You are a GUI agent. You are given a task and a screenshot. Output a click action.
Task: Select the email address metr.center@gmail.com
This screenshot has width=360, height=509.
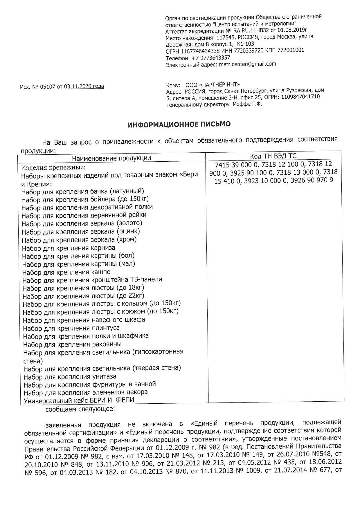click(247, 64)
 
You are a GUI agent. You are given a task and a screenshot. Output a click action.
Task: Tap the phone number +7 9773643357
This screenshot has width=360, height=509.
click(211, 57)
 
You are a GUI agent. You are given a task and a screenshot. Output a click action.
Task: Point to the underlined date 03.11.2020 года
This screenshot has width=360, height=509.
click(84, 86)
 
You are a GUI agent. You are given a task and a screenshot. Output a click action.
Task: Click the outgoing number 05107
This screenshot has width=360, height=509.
click(48, 87)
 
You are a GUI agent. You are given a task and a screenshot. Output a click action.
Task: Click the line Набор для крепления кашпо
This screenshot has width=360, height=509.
click(66, 272)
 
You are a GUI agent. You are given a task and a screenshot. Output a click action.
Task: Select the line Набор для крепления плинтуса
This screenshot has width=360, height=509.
click(71, 328)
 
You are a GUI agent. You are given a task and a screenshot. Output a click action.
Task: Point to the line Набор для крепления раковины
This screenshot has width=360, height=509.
click(72, 344)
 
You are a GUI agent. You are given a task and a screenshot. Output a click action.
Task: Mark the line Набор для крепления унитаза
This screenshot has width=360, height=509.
click(70, 377)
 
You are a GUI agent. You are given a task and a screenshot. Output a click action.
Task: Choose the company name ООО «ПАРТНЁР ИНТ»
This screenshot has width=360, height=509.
click(213, 85)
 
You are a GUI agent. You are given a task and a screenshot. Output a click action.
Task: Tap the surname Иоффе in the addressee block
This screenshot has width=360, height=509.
click(242, 104)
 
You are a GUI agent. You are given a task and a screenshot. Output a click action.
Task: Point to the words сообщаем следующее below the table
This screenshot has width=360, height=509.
click(80, 409)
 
